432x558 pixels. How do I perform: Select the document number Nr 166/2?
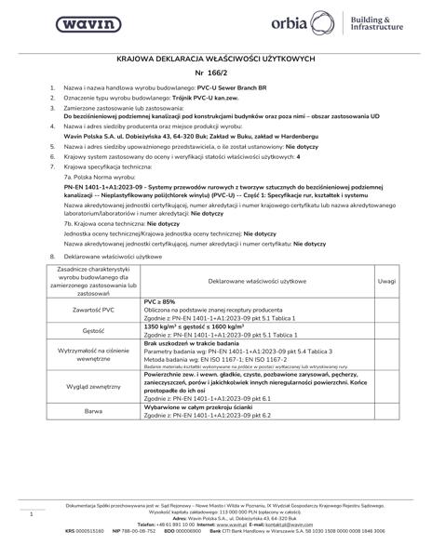point(216,73)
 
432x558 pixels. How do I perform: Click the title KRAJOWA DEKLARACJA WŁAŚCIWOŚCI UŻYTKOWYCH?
point(216,57)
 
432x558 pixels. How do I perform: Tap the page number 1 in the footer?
point(32,513)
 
